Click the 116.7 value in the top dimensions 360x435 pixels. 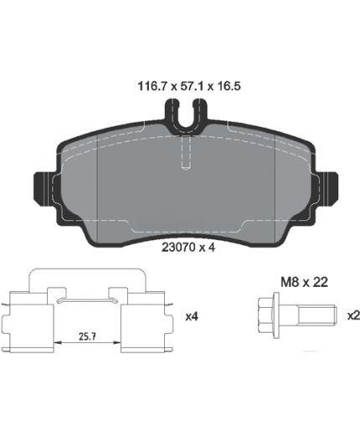click(152, 86)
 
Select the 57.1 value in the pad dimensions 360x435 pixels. click(193, 86)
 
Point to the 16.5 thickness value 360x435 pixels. click(229, 86)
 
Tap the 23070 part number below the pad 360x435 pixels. click(178, 248)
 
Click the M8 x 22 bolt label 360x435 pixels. click(304, 283)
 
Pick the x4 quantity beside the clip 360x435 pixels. click(192, 316)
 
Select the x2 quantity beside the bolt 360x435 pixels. click(353, 315)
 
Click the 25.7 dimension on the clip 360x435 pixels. click(87, 336)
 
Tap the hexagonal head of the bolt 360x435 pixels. click(266, 315)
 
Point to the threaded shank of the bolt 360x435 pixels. click(316, 315)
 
